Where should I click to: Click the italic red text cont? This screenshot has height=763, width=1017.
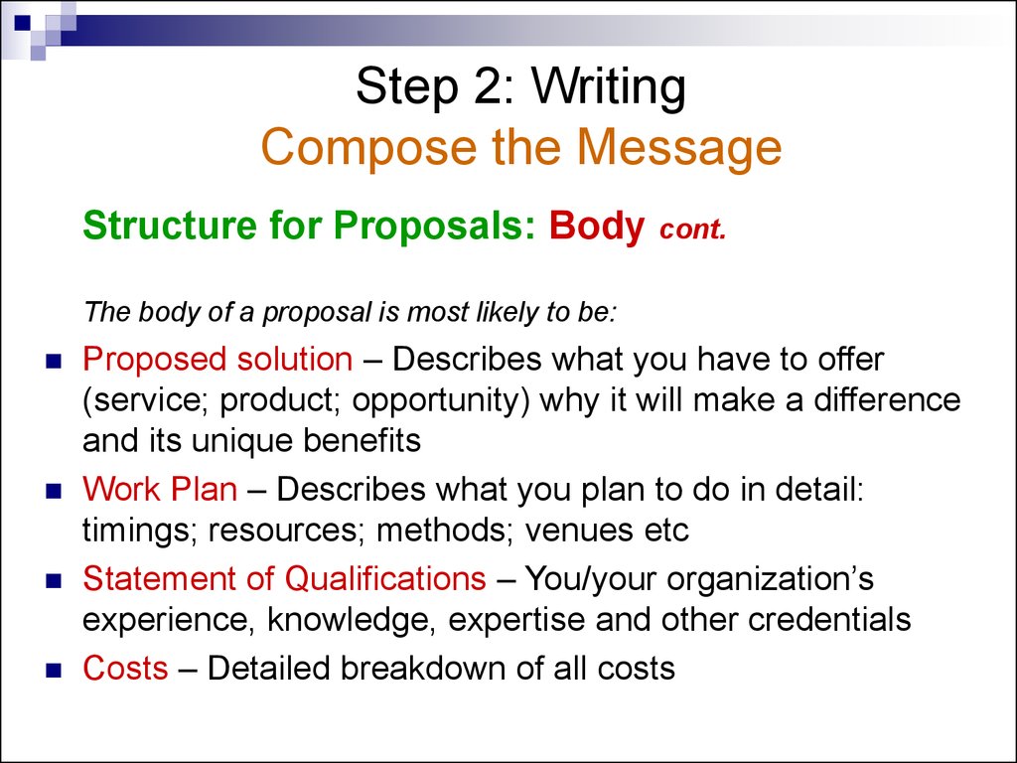[x=692, y=229]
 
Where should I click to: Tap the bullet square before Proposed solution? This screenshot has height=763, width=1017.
[x=54, y=361]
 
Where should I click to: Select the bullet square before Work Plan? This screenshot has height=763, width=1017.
[x=54, y=491]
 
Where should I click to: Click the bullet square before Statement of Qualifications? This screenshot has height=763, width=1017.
[x=54, y=580]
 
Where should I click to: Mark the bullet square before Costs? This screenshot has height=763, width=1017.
[x=54, y=670]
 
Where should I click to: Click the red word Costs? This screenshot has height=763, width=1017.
[x=125, y=668]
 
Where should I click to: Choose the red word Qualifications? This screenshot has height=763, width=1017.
[x=385, y=579]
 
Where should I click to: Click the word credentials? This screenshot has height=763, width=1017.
[x=829, y=619]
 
